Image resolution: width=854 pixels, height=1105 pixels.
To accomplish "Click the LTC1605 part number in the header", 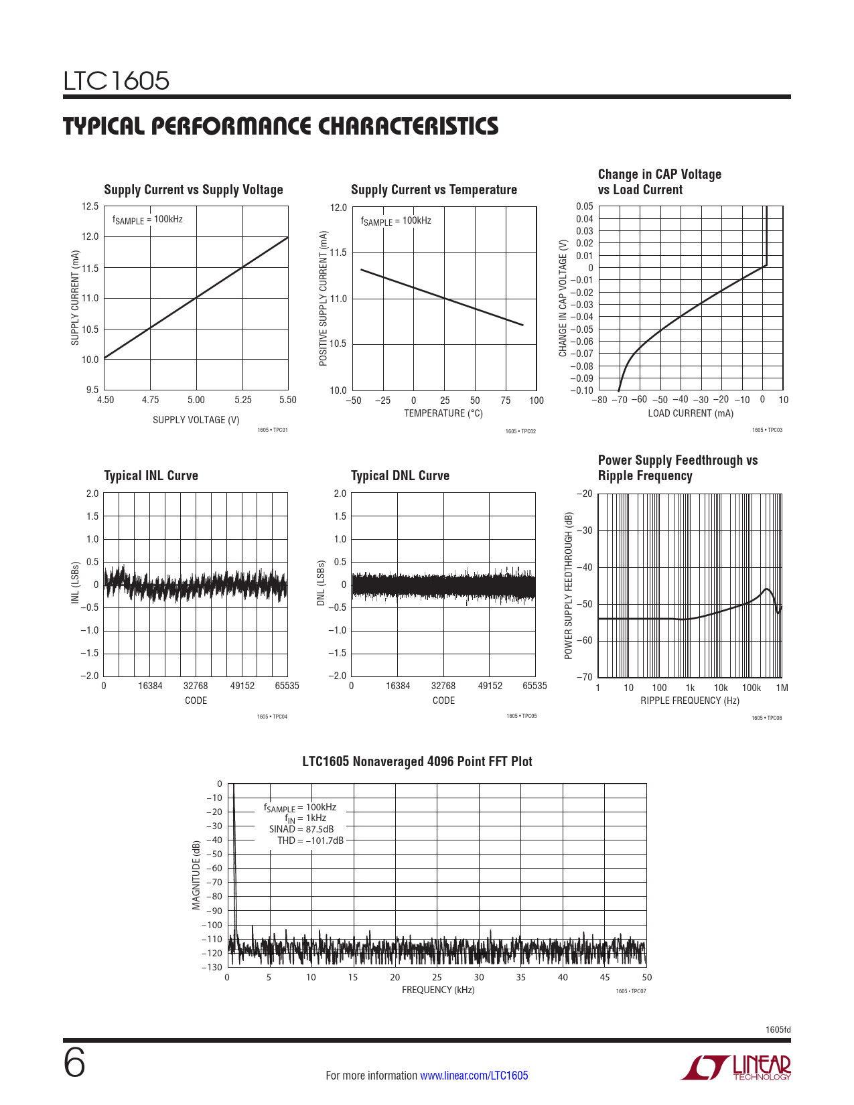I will pyautogui.click(x=117, y=81).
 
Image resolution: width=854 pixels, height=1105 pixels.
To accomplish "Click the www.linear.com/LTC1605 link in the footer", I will pyautogui.click(x=474, y=1076).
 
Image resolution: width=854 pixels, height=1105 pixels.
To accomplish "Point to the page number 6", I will pyautogui.click(x=74, y=1063).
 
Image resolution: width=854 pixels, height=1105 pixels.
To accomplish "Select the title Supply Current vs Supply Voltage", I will pyautogui.click(x=194, y=190).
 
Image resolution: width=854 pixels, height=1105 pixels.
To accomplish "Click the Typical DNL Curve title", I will pyautogui.click(x=400, y=475).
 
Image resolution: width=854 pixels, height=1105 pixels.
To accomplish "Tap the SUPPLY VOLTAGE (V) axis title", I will pyautogui.click(x=196, y=420).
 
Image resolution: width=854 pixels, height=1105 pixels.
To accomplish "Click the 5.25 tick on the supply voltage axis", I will pyautogui.click(x=243, y=400).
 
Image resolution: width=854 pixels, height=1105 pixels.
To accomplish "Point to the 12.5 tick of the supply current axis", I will pyautogui.click(x=90, y=206).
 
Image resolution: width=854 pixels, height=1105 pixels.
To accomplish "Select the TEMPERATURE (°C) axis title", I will pyautogui.click(x=443, y=413).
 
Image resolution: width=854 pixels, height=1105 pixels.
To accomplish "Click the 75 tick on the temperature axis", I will pyautogui.click(x=506, y=400).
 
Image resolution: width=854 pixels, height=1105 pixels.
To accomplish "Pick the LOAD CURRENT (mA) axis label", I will pyautogui.click(x=690, y=413).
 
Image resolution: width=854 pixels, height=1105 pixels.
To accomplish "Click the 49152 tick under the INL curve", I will pyautogui.click(x=242, y=686).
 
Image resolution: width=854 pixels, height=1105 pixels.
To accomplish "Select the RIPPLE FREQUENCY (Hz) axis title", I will pyautogui.click(x=690, y=701).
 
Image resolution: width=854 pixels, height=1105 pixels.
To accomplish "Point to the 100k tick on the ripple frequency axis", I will pyautogui.click(x=751, y=688).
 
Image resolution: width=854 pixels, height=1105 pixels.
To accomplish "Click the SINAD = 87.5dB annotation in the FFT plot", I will pyautogui.click(x=301, y=829).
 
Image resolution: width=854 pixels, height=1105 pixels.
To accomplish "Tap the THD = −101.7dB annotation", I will pyautogui.click(x=310, y=840).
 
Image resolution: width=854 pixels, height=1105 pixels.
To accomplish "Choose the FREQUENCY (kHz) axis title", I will pyautogui.click(x=438, y=990).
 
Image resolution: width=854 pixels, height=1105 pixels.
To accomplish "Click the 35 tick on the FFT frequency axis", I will pyautogui.click(x=520, y=977).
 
